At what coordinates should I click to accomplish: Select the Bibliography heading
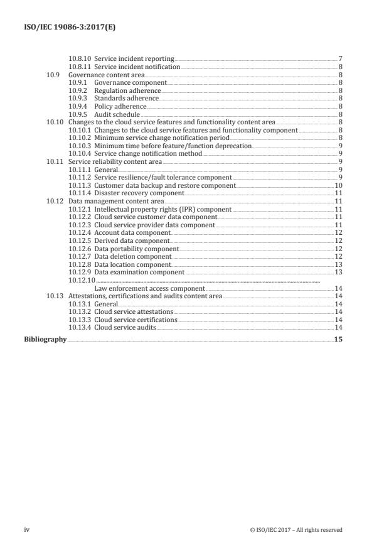click(x=45, y=339)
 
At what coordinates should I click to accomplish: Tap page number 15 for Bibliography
click(x=338, y=339)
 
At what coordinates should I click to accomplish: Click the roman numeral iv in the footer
click(x=27, y=529)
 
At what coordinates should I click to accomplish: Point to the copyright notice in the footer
click(x=296, y=529)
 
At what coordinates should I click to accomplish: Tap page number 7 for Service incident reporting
click(x=339, y=59)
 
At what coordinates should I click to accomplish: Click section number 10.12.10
click(x=82, y=281)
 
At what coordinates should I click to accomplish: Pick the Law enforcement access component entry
click(x=149, y=288)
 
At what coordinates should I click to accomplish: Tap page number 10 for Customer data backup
click(x=338, y=186)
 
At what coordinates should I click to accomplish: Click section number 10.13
click(x=55, y=296)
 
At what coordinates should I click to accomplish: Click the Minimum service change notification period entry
click(x=162, y=137)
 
